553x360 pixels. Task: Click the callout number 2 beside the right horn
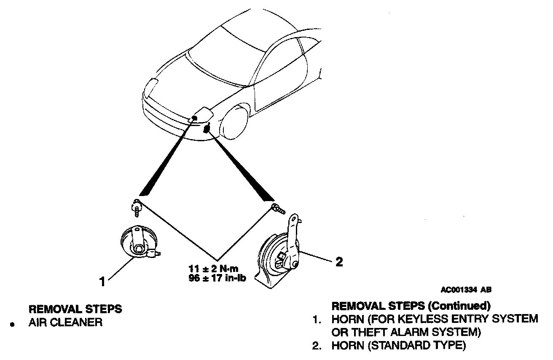tap(338, 262)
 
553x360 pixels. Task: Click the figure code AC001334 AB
tap(466, 290)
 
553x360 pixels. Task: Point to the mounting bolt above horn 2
tap(276, 207)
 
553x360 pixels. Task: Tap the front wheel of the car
tap(234, 122)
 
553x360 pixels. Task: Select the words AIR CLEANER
tap(65, 323)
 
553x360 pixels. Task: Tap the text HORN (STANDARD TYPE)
tap(399, 346)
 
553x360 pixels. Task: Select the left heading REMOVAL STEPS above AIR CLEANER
tap(75, 309)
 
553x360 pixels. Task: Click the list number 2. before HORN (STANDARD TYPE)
tap(317, 346)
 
